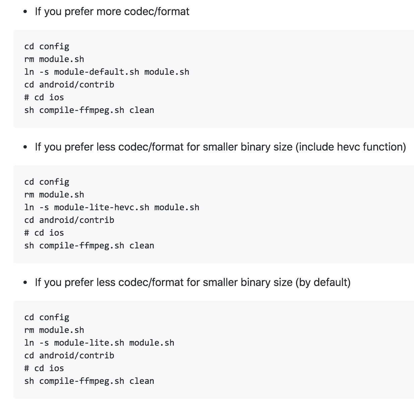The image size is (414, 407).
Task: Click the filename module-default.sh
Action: click(x=96, y=72)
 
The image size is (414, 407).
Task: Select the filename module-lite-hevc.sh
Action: click(x=101, y=208)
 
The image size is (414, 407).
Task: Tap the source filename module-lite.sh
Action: click(x=89, y=343)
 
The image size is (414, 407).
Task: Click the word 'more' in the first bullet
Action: click(x=109, y=12)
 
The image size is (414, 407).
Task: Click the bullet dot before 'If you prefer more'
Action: click(x=25, y=12)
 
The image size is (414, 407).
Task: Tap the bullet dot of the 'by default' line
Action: click(x=25, y=283)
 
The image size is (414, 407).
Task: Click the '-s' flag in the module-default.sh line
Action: click(x=44, y=72)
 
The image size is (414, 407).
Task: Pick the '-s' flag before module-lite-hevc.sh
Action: click(x=44, y=208)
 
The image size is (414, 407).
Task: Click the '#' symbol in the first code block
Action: click(x=27, y=98)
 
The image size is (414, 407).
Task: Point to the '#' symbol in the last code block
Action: click(x=27, y=368)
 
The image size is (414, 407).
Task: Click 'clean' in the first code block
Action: click(x=142, y=110)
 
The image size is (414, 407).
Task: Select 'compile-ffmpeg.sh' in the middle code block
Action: click(x=81, y=246)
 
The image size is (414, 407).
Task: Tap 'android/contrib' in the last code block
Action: click(x=77, y=356)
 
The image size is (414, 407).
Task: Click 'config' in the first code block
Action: click(x=54, y=47)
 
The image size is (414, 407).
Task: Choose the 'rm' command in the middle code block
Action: click(x=29, y=195)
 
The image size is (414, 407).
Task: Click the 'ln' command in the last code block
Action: click(x=29, y=343)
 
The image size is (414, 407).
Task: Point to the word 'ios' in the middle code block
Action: click(x=57, y=233)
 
